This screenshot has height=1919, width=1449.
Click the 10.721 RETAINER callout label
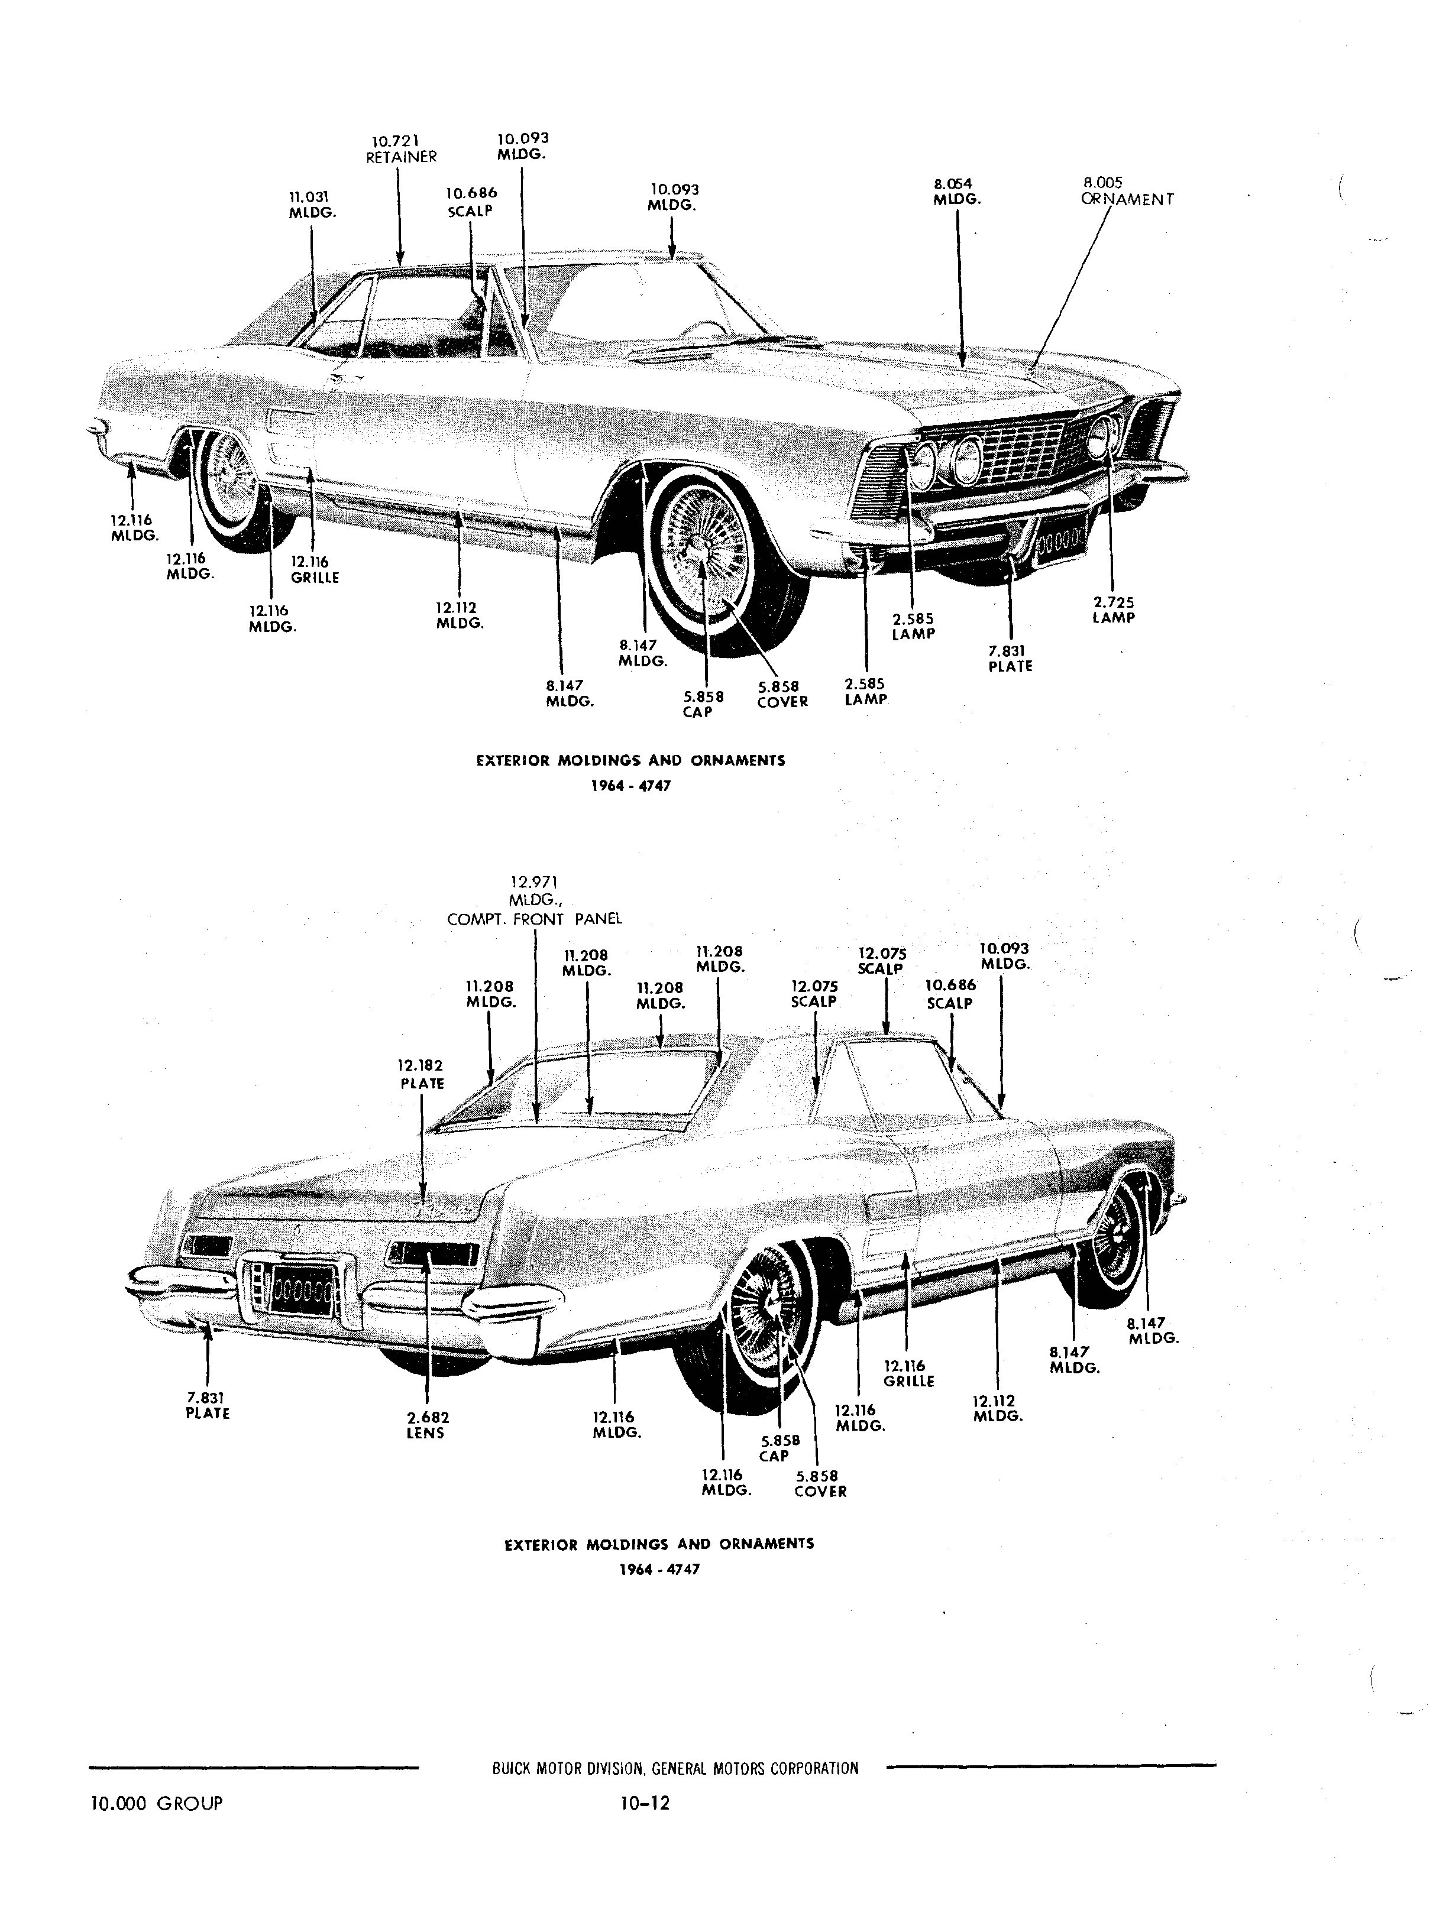point(401,149)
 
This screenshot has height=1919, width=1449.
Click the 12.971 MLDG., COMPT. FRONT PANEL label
point(535,902)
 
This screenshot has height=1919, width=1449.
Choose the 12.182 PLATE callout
point(422,1074)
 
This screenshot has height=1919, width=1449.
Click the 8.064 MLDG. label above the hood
point(957,192)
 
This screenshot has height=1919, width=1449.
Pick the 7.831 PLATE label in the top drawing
point(1010,659)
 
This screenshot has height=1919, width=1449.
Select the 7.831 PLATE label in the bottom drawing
point(208,1405)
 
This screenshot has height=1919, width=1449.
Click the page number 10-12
point(645,1804)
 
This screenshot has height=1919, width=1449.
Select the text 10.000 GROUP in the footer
point(156,1804)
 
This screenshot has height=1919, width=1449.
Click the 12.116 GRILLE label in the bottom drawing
point(908,1373)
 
